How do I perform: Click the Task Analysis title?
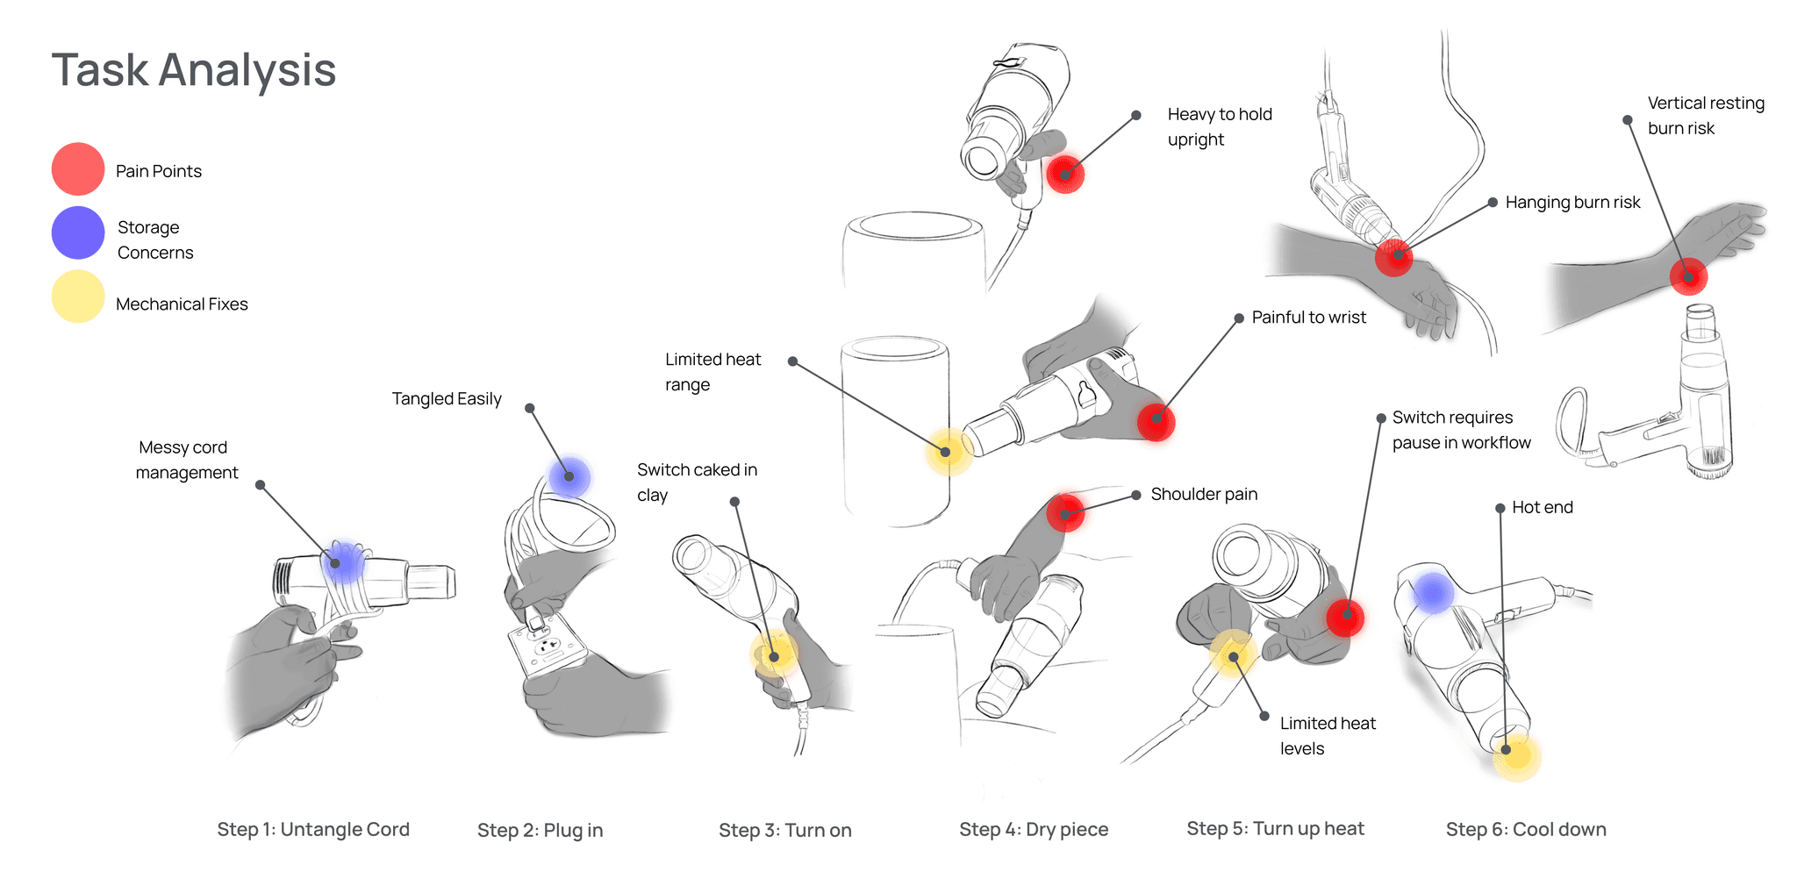194,70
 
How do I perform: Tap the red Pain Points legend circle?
78,169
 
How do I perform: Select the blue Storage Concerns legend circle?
78,232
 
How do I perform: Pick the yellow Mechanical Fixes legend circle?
78,297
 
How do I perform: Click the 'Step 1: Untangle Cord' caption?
313,829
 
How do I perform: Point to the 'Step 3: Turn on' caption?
784,830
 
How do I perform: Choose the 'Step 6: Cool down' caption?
1526,829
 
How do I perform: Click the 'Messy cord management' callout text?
186,460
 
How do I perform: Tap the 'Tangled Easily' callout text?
447,399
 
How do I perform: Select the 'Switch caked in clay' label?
697,482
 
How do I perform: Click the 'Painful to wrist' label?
1308,318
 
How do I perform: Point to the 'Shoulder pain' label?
1204,494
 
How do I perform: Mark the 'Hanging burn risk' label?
1572,203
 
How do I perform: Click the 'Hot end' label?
1542,507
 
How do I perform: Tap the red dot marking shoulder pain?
1065,513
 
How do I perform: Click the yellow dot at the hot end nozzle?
1514,754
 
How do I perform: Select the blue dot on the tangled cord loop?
569,476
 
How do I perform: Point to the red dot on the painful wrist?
1156,422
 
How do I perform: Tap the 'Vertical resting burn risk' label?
1705,116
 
